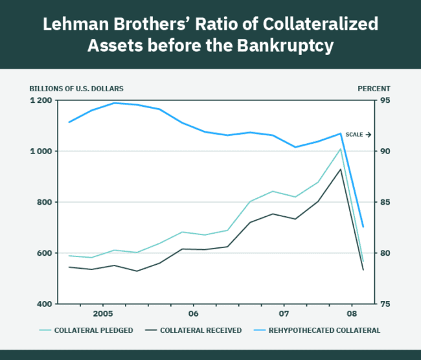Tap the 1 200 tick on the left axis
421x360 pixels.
pos(40,100)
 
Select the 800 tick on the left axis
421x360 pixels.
pos(44,202)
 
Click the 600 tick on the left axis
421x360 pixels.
pos(44,253)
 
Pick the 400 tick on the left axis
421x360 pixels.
pos(44,304)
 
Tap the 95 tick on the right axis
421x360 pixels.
pos(384,100)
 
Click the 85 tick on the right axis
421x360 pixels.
pos(384,202)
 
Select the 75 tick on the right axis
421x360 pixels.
pos(384,304)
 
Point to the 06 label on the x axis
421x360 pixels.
pos(193,313)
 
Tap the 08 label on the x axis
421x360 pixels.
pos(350,313)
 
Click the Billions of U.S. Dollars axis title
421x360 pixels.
pos(76,88)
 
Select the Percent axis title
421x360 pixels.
pos(374,88)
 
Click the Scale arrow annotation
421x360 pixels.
pos(358,135)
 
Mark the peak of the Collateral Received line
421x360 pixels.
pos(341,169)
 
